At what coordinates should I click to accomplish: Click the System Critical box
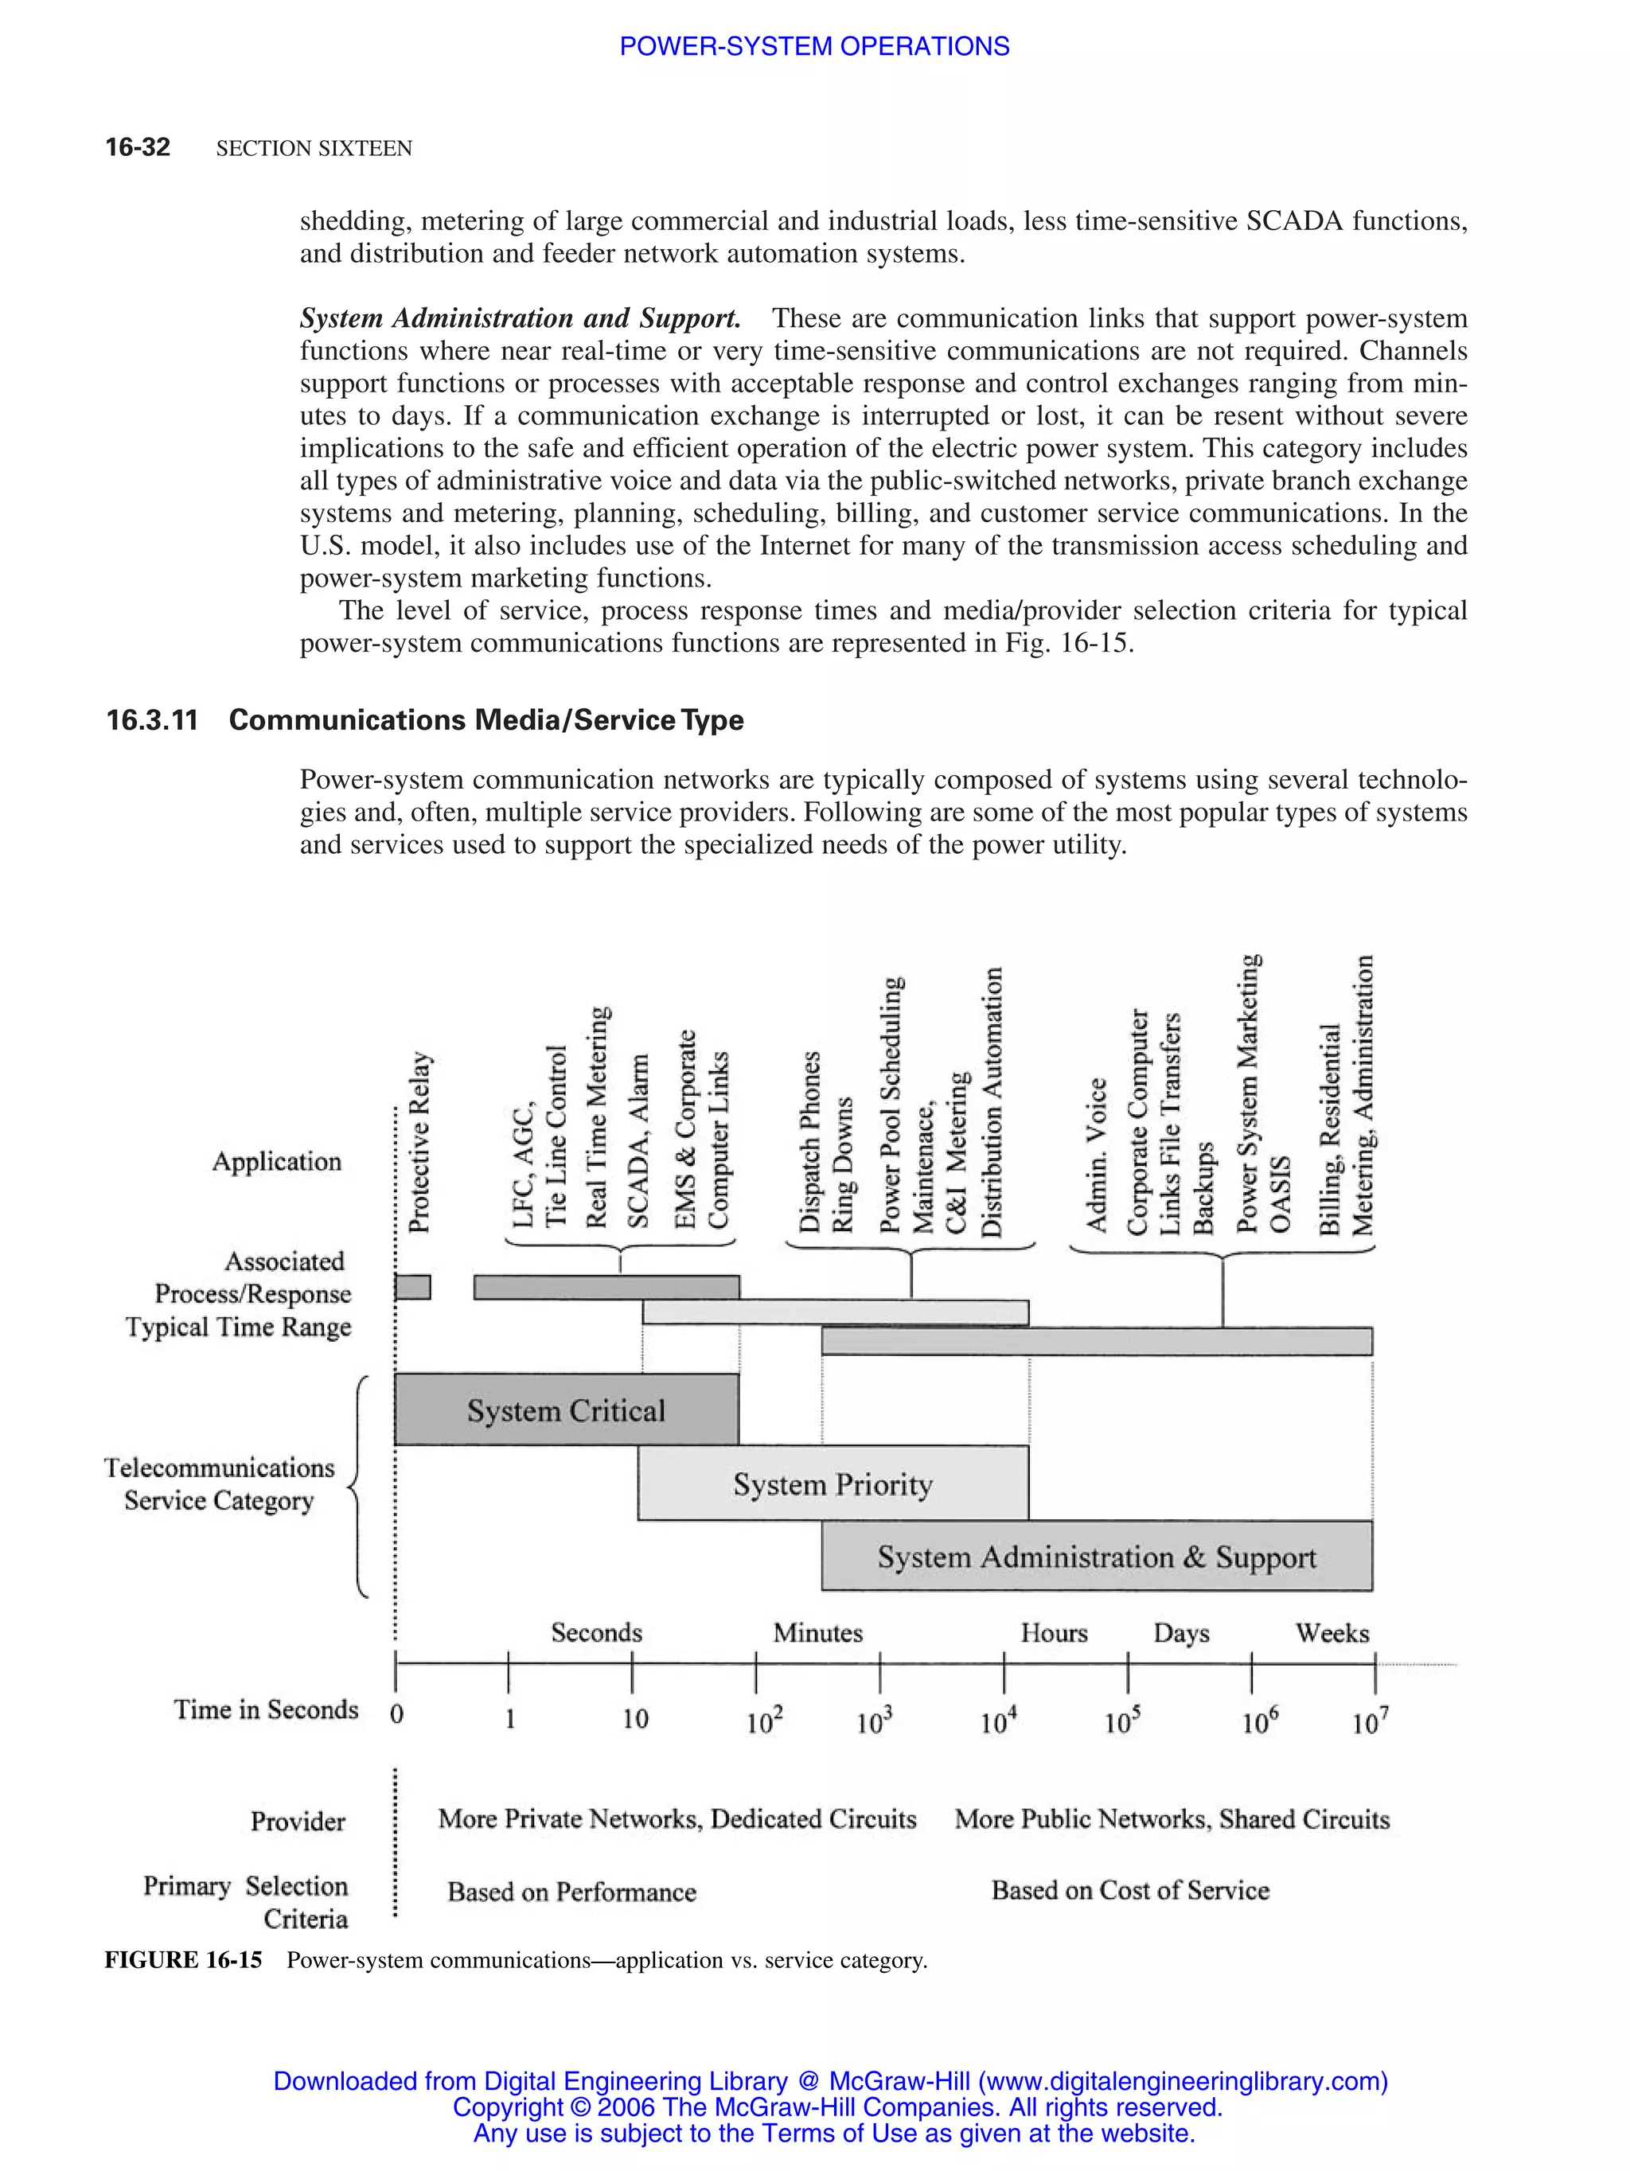(x=566, y=1409)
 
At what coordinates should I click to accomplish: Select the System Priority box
(x=833, y=1483)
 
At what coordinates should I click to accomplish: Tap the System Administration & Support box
(x=1096, y=1557)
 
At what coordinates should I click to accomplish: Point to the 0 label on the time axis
(x=396, y=1713)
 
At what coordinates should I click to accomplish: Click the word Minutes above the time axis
(x=817, y=1633)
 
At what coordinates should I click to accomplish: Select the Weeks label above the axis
(x=1332, y=1633)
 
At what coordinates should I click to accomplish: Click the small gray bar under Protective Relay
(x=412, y=1287)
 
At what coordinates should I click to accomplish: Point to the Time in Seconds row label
(x=266, y=1709)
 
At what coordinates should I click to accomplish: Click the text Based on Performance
(x=571, y=1892)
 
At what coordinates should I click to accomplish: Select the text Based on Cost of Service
(x=1129, y=1890)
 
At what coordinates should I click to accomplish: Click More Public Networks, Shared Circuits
(x=1172, y=1818)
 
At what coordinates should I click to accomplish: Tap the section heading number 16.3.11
(x=152, y=720)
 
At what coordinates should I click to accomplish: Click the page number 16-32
(x=138, y=147)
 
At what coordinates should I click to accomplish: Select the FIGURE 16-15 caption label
(x=184, y=1960)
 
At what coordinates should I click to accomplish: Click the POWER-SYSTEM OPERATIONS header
(x=813, y=46)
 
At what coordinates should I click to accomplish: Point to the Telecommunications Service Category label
(x=219, y=1484)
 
